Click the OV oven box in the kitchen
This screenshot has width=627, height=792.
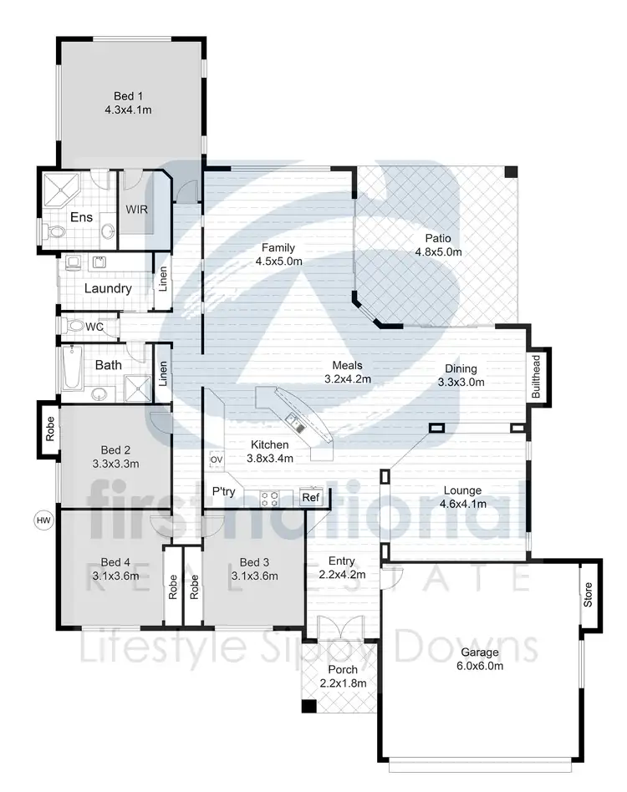coord(216,459)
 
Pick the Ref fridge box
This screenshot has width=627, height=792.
coord(310,498)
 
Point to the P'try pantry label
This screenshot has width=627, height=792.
coord(223,492)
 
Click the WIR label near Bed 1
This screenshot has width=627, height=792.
coord(136,210)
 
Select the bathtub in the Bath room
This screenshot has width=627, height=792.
coord(71,368)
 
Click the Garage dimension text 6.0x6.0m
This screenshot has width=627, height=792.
coord(479,666)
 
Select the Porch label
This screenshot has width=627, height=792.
coord(343,669)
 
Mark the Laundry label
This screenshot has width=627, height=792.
coord(108,289)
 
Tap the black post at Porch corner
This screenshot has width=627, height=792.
coord(309,707)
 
